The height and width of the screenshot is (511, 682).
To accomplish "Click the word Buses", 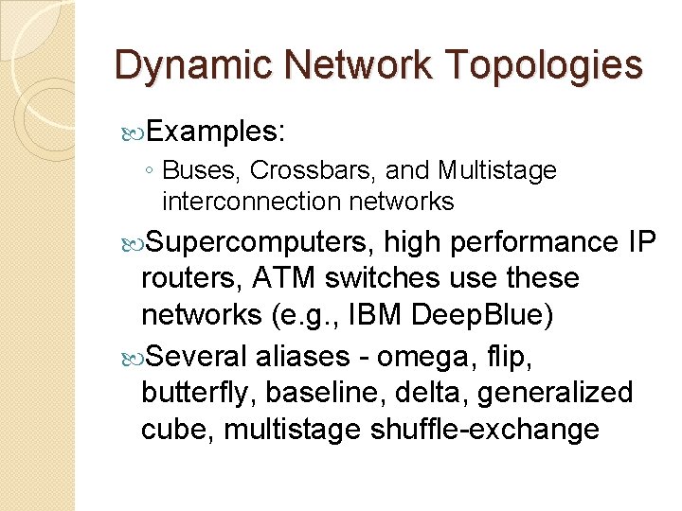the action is point(204,170).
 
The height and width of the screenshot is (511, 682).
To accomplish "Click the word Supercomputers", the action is point(258,242).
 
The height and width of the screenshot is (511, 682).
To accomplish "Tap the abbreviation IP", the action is point(641,242).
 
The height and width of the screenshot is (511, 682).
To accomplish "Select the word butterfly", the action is point(199,393).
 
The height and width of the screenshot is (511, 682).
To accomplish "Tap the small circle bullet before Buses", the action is point(149,171).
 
